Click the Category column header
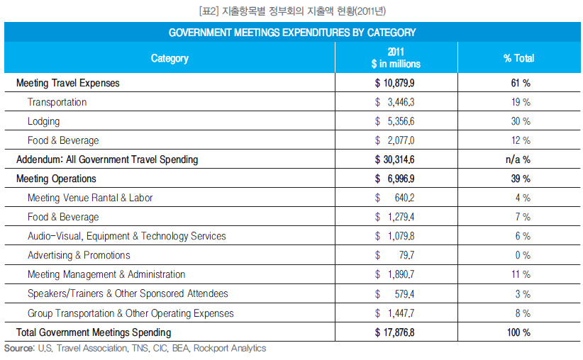coord(170,58)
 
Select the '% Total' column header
coord(518,58)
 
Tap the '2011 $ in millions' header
coord(396,57)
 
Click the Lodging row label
coord(43,121)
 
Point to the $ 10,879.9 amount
coord(394,83)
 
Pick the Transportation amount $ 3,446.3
coord(394,102)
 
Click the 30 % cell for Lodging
coord(521,121)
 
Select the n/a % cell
coord(518,159)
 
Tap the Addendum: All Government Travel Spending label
coord(107,159)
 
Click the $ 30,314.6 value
coord(394,159)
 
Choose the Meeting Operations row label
coord(56,179)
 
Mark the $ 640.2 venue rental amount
coord(394,198)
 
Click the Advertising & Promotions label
coord(79,255)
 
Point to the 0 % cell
coord(523,255)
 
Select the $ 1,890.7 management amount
coord(394,274)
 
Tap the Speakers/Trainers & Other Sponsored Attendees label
coord(128,293)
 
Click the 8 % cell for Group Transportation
coord(523,313)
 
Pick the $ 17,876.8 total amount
coord(394,332)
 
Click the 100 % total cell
coord(518,332)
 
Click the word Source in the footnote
coord(19,348)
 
